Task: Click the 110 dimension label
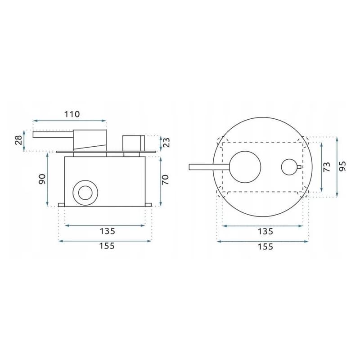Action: coord(72,114)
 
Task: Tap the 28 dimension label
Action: coord(18,140)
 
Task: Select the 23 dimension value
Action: coord(166,142)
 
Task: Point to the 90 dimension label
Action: coord(42,179)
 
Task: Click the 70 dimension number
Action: coord(165,179)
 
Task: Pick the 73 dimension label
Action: coord(327,166)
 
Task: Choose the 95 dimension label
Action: coord(342,166)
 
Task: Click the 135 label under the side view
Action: coord(107,231)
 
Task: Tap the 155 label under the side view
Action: coord(107,246)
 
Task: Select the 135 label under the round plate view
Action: coord(265,231)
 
